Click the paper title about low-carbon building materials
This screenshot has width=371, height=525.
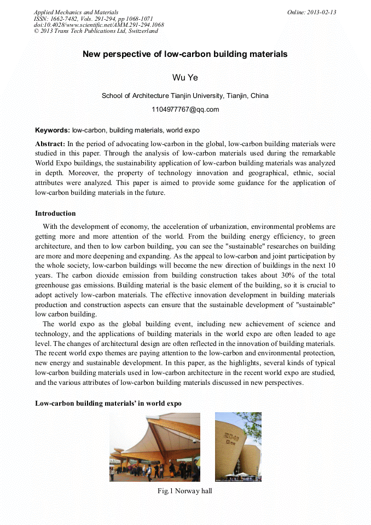point(185,54)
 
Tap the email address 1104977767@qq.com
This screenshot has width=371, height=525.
point(185,109)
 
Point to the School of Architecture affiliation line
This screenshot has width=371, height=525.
point(185,96)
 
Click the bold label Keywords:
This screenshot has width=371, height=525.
point(52,131)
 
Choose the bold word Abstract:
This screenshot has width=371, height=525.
point(50,143)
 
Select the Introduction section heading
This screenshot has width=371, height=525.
point(55,214)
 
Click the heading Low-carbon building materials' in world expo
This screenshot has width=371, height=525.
point(108,403)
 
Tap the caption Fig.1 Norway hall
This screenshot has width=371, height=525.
point(184,491)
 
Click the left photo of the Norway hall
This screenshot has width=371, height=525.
point(154,447)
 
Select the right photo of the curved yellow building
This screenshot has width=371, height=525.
point(238,447)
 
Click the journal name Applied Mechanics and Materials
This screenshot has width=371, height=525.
point(76,12)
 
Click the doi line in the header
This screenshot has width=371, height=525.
point(98,25)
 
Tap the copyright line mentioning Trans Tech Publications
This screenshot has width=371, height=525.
point(96,31)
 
